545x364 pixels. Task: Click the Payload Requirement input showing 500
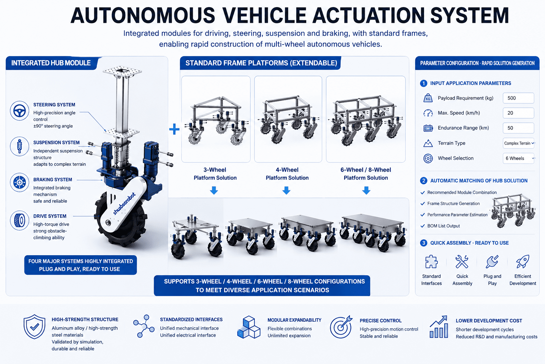coord(518,98)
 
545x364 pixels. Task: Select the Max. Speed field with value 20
coord(518,113)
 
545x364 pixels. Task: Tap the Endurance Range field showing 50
coord(518,128)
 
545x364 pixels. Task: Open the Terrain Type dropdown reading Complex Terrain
coord(518,143)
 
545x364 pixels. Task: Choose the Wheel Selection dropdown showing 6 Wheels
coord(518,158)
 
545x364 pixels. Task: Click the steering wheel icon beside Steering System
coord(20,111)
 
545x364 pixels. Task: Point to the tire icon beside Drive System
coord(20,220)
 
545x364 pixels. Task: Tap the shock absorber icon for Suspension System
coord(20,146)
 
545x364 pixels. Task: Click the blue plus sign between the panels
coord(174,129)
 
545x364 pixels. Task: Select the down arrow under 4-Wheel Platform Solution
coord(286,191)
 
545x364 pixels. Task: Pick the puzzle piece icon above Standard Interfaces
coord(431,262)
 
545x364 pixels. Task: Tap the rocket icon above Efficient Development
coord(523,262)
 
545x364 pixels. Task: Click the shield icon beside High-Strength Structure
coord(34,327)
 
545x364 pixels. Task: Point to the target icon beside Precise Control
coord(341,327)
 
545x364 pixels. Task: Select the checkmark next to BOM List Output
coord(423,226)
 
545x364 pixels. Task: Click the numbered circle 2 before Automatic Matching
coord(424,181)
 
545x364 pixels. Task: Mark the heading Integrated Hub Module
coord(51,63)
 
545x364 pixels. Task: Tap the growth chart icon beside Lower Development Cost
coord(439,327)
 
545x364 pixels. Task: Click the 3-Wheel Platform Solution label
coord(215,174)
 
